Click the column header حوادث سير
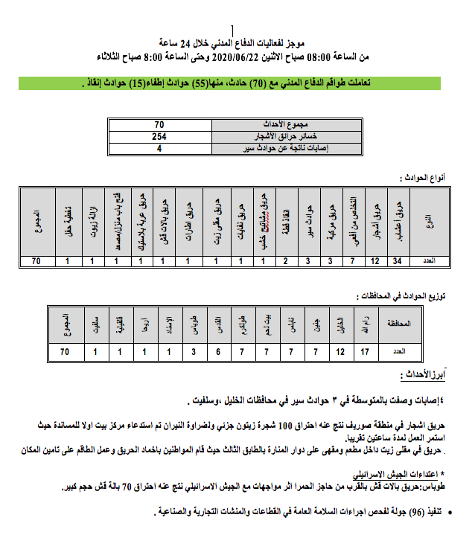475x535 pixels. pyautogui.click(x=308, y=216)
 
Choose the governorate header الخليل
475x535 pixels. pyautogui.click(x=341, y=323)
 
